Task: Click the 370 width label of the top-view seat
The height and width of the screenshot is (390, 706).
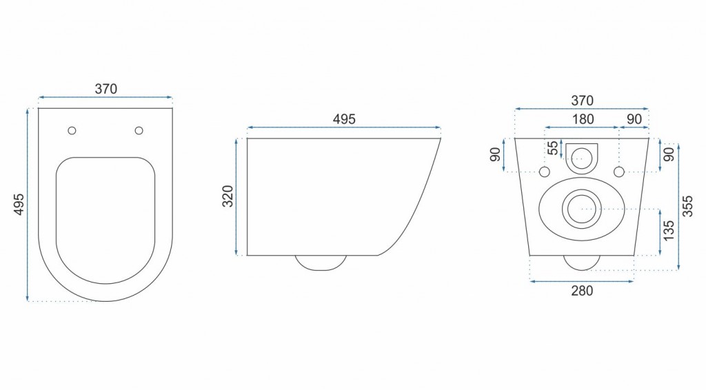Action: coord(106,89)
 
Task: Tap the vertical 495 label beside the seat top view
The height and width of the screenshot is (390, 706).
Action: coord(19,205)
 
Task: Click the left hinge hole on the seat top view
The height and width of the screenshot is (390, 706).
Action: coord(72,130)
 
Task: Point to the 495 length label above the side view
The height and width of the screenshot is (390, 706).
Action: coord(344,119)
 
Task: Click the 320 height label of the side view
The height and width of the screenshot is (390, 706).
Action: coord(228,196)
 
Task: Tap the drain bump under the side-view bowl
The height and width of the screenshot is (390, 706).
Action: coord(321,262)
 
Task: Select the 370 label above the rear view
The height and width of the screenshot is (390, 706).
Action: coord(583,101)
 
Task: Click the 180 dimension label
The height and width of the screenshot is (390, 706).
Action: coord(583,119)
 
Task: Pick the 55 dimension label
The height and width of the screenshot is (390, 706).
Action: coord(552,148)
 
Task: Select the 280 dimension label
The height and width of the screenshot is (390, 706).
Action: coord(582,291)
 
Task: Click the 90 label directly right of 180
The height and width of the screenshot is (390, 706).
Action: coord(634,119)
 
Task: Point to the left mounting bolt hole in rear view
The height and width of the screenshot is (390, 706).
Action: coord(545,171)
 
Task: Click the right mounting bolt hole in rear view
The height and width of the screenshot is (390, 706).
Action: coord(619,171)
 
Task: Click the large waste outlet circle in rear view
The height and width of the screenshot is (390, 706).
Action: coord(582,207)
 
